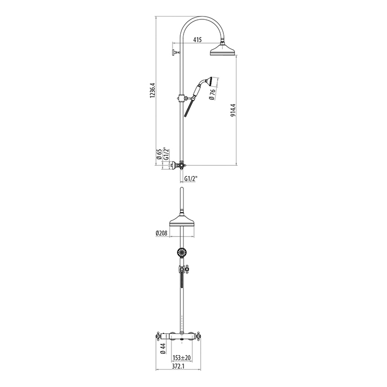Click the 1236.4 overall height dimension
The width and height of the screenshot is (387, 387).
click(153, 90)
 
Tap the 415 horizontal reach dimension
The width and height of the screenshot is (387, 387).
click(197, 39)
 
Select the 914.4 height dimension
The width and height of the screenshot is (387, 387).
click(233, 110)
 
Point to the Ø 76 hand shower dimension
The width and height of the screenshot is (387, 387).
click(212, 95)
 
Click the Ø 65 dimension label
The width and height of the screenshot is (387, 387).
click(159, 154)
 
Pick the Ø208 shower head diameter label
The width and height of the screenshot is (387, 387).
click(161, 233)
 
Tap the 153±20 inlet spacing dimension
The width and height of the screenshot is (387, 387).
click(182, 357)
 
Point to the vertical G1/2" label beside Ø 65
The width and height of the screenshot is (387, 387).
click(166, 154)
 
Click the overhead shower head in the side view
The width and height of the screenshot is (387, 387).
click(223, 49)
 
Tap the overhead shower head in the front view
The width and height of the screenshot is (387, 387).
click(182, 220)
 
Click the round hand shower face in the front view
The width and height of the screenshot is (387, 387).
click(182, 253)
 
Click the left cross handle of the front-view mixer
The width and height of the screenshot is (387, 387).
click(158, 336)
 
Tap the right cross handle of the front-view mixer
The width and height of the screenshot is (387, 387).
click(199, 336)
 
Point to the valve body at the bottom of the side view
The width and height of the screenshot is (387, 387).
click(180, 165)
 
